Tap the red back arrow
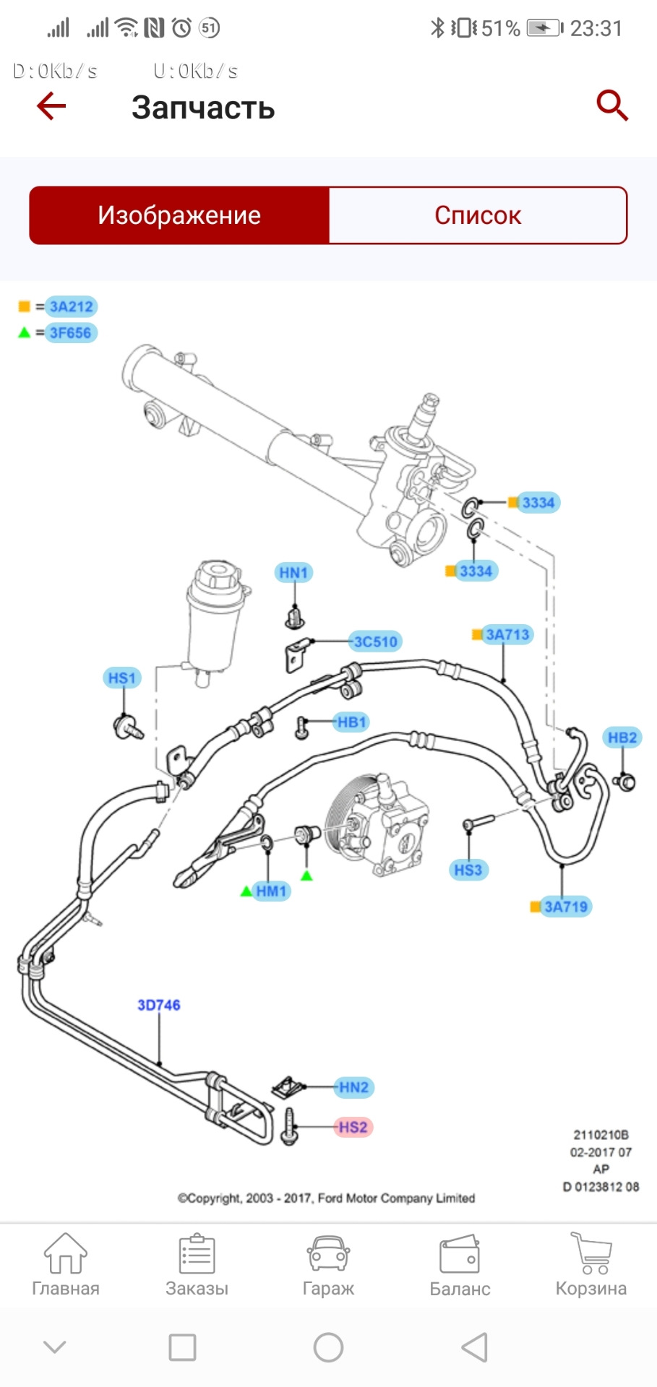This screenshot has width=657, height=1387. (x=51, y=106)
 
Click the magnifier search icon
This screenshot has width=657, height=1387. (x=611, y=105)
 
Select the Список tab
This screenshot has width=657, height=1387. (x=478, y=215)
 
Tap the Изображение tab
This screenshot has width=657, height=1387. (x=179, y=215)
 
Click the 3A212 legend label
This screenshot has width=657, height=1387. (x=71, y=306)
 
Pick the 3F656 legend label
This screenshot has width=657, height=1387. (x=70, y=333)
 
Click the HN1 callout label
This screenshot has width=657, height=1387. (x=293, y=573)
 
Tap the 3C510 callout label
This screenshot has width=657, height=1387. (x=375, y=641)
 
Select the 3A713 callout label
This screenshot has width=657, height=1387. (x=507, y=634)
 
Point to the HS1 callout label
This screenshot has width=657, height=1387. (x=121, y=678)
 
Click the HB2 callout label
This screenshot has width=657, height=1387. (x=622, y=738)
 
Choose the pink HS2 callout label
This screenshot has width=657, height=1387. (x=353, y=1127)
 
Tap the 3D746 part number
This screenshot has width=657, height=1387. (x=159, y=1005)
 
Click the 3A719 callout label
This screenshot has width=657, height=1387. (x=566, y=907)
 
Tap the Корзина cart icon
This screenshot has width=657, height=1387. (x=591, y=1254)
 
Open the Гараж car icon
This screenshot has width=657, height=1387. (x=328, y=1254)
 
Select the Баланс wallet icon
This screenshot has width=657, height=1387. (x=460, y=1254)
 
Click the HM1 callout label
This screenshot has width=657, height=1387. (x=271, y=891)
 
